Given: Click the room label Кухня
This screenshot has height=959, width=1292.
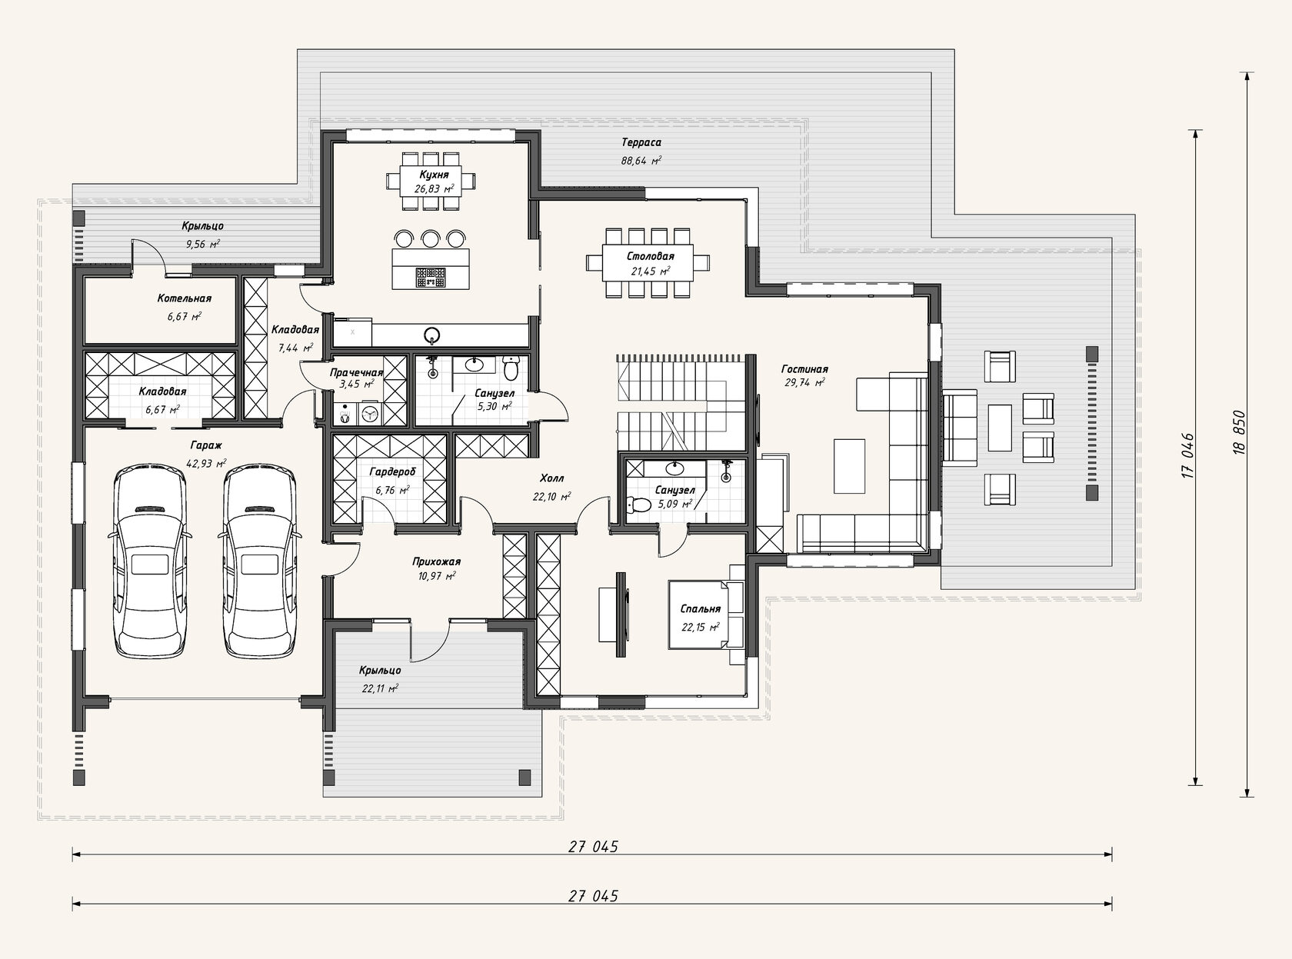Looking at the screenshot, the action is click(434, 175).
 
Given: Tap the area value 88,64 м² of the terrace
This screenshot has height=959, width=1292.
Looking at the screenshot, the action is click(641, 160).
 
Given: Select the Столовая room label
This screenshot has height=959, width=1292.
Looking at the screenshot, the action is click(651, 256).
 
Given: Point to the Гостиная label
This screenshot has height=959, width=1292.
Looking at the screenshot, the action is click(804, 369).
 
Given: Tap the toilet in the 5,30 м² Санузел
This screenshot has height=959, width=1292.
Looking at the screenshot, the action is click(511, 367).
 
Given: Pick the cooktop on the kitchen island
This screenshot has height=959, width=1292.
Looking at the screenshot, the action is click(431, 278).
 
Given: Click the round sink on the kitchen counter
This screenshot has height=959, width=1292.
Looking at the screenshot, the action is click(431, 335).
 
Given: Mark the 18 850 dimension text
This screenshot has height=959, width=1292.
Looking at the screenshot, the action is click(1239, 432).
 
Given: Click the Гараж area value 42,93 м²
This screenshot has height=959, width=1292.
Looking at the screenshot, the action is click(205, 464).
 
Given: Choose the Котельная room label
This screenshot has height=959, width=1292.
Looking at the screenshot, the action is click(184, 298).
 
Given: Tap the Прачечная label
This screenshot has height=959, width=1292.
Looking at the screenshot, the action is click(357, 373).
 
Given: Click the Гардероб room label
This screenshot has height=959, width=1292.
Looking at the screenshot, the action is click(393, 472).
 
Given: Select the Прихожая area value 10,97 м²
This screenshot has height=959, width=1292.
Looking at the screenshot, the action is click(436, 576).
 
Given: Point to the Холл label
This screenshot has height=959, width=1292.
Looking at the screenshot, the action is click(551, 478).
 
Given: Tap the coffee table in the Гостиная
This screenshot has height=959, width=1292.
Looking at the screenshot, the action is click(849, 466).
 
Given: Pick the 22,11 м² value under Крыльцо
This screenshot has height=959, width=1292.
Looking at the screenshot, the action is click(380, 688).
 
